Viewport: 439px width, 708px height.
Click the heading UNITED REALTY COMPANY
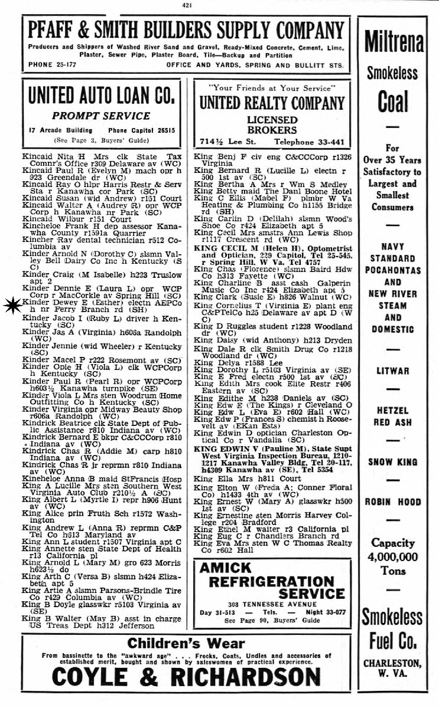coord(272,103)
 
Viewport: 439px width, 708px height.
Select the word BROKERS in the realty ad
coord(272,130)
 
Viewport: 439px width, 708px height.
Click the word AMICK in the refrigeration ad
coord(226,568)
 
